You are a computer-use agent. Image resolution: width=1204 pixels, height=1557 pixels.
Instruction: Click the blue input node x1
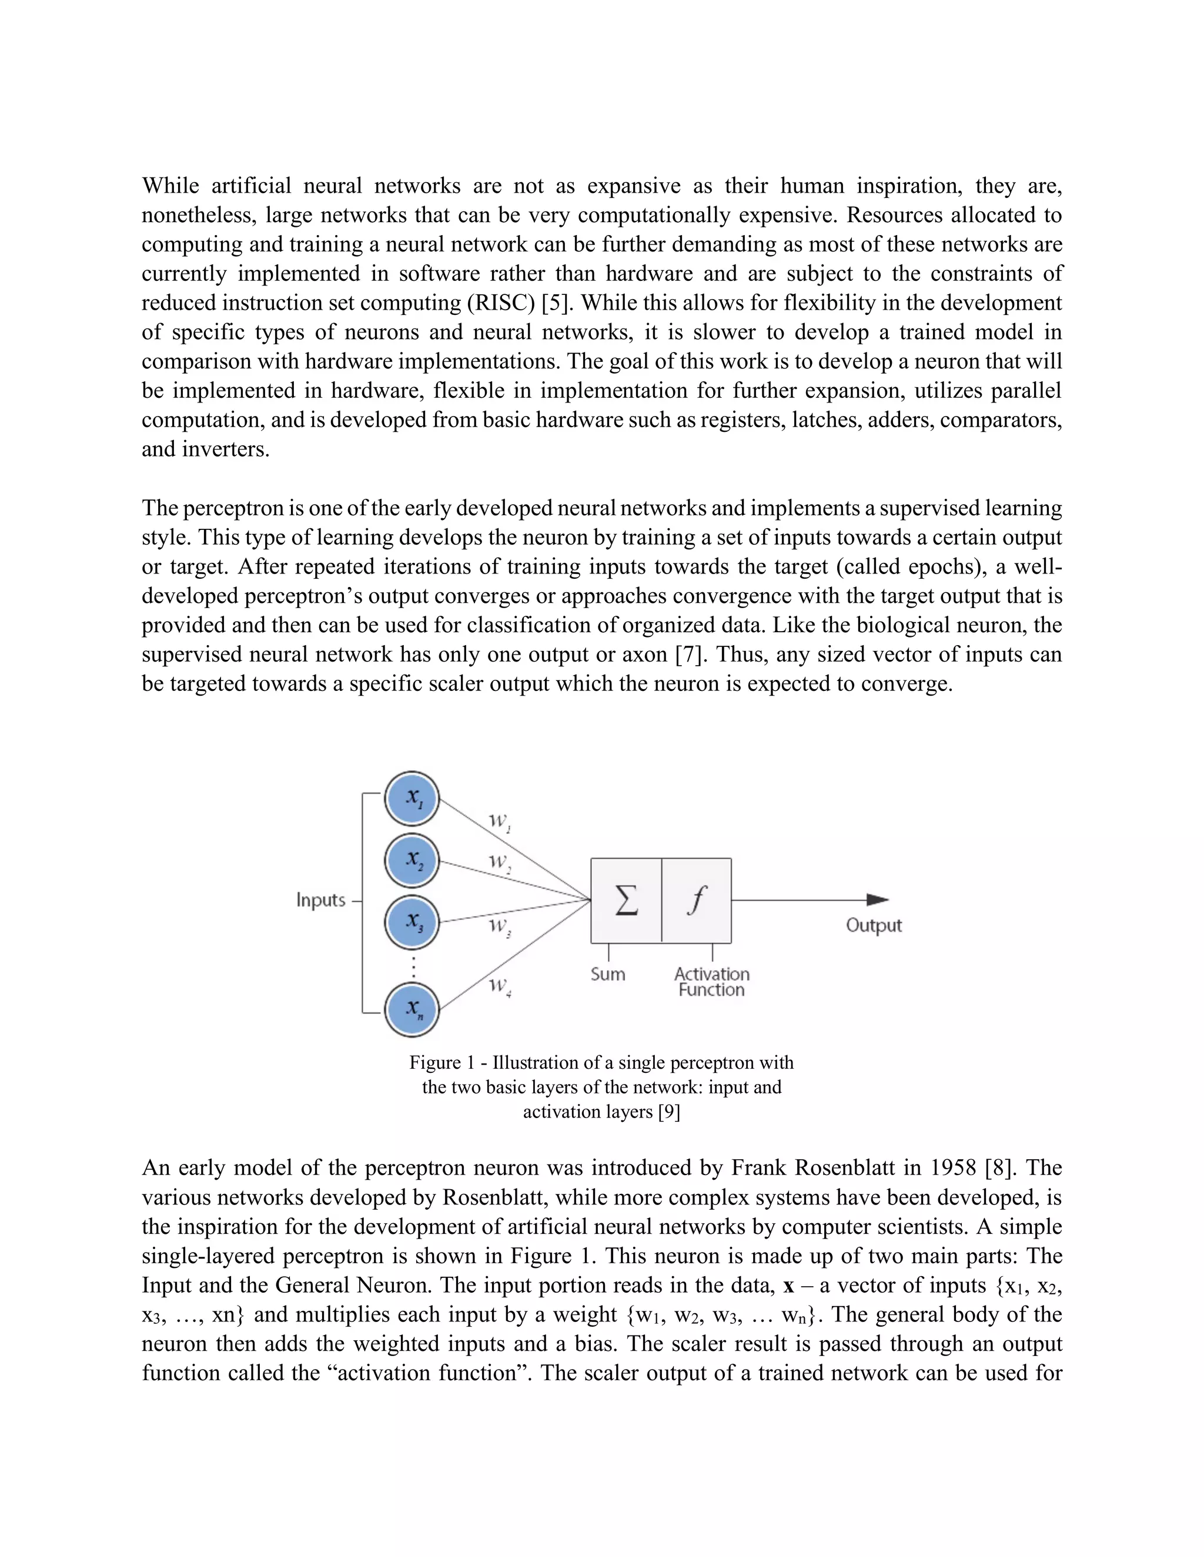412,798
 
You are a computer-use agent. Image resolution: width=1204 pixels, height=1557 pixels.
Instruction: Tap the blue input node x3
412,922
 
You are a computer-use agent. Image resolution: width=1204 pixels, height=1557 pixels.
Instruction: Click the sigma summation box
626,900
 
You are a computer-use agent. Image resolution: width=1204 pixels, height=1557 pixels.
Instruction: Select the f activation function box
696,900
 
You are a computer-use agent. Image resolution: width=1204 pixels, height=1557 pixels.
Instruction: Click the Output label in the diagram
874,925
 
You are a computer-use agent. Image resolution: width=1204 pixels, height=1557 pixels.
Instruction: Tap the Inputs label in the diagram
321,900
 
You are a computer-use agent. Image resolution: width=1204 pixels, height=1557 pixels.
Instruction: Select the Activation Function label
711,982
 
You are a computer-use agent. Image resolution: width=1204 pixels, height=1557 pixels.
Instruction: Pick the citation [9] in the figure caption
668,1112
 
